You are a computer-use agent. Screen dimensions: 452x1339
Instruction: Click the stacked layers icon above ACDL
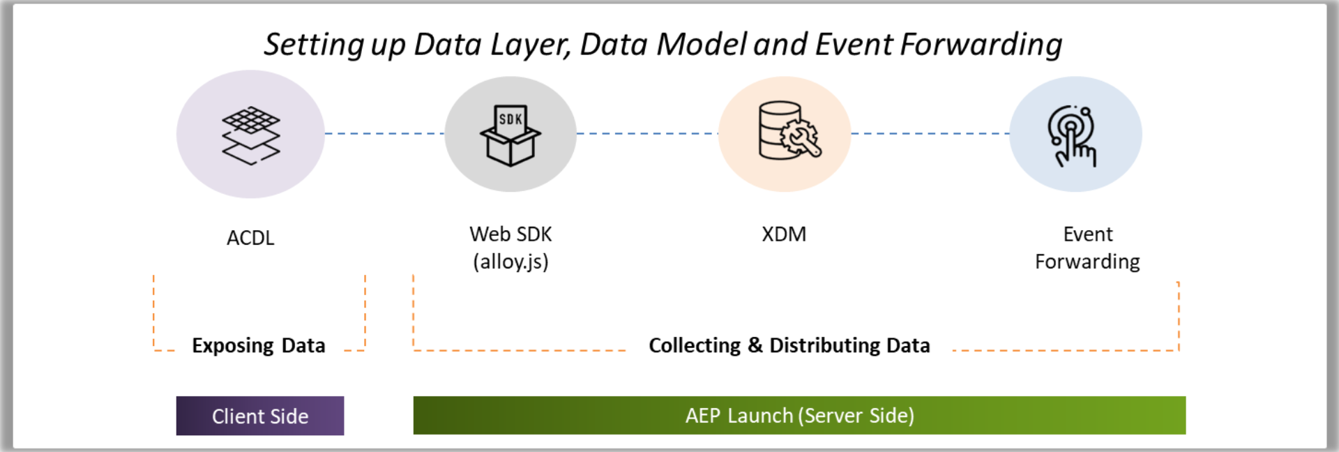(x=250, y=135)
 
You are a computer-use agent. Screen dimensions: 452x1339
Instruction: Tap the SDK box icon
(x=510, y=135)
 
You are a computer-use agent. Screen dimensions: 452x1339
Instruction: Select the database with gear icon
(x=789, y=132)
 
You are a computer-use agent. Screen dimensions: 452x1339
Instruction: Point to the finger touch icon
(x=1073, y=135)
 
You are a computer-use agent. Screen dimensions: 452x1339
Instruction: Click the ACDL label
(x=250, y=239)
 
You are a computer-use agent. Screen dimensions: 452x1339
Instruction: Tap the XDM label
(x=784, y=234)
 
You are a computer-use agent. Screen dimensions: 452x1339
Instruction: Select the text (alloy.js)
(x=510, y=262)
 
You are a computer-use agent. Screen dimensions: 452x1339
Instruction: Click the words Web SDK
(x=510, y=234)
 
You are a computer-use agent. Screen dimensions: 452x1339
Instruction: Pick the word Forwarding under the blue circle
(x=1087, y=262)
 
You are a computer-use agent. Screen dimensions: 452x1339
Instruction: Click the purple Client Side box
(x=260, y=416)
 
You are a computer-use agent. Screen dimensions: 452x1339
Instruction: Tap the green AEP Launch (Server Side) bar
(x=799, y=416)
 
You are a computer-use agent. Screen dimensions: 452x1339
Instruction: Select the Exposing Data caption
(x=259, y=346)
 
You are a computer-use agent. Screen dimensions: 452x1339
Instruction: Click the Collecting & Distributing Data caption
(x=789, y=346)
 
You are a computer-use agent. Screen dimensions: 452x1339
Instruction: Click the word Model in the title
(x=702, y=45)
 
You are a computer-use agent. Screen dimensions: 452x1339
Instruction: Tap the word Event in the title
(x=854, y=45)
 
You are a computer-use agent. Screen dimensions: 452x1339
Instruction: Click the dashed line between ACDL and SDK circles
(x=384, y=133)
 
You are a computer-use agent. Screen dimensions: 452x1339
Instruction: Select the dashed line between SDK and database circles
(x=647, y=133)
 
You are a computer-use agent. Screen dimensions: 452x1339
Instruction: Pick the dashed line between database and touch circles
(x=930, y=133)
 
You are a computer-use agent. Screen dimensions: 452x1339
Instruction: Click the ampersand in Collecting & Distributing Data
(x=755, y=346)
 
